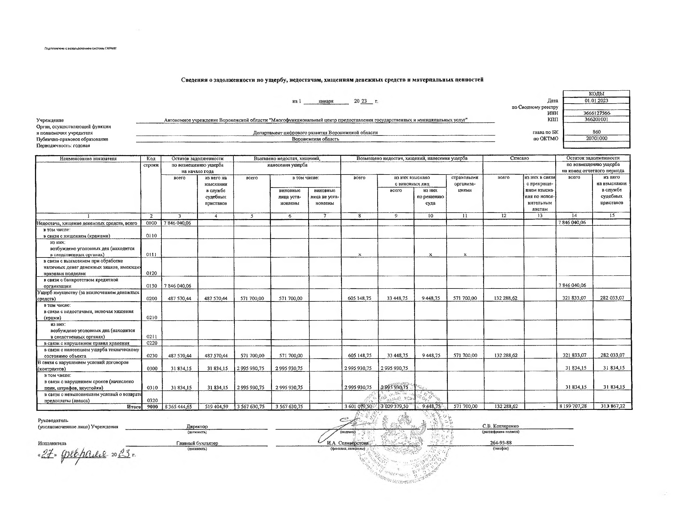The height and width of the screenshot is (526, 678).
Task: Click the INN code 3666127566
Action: [x=596, y=113]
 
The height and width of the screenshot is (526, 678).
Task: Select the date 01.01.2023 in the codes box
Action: [x=596, y=100]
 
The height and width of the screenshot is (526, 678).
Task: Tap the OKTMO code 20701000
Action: [x=596, y=138]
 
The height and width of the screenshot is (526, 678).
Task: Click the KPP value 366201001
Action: [x=596, y=119]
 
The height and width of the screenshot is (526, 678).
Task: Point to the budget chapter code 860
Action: [x=596, y=132]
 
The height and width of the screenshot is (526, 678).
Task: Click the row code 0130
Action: [x=152, y=286]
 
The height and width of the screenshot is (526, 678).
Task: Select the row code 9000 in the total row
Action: [x=152, y=406]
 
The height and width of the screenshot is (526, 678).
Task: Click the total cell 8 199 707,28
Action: [x=573, y=406]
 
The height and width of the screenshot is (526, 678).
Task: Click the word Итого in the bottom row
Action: [x=134, y=407]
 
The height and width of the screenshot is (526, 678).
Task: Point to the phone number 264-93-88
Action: [x=501, y=443]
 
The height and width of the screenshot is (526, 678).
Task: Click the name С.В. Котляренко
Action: [x=500, y=426]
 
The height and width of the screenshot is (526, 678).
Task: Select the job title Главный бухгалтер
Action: [x=197, y=443]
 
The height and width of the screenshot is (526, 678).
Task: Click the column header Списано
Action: [x=519, y=158]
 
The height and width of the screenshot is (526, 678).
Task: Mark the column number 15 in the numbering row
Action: [x=612, y=215]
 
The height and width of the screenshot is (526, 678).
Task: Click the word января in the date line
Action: [x=326, y=101]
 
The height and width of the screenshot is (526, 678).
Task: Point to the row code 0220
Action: [x=152, y=343]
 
